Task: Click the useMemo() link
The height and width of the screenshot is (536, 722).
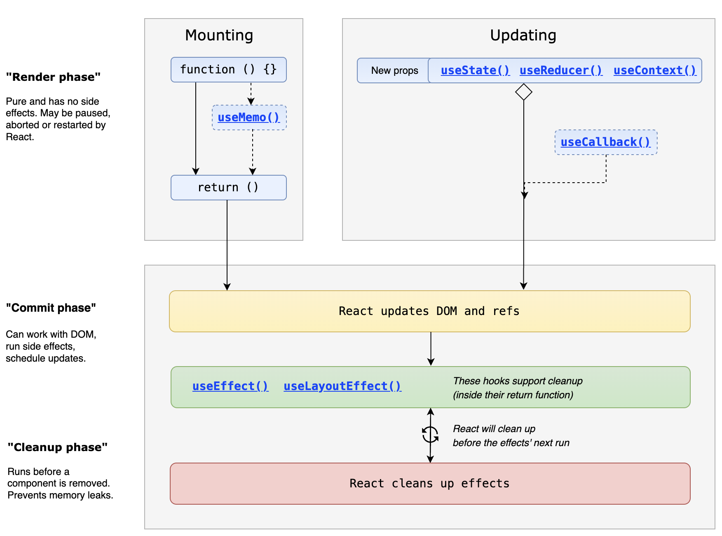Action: coord(249,118)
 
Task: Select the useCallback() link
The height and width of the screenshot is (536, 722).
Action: coord(605,142)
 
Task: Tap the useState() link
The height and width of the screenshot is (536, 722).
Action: coord(475,71)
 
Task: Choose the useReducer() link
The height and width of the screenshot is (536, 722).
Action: coord(561,71)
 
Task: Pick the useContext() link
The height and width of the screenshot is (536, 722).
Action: coord(655,71)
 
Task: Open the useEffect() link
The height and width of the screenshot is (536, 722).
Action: coord(230,386)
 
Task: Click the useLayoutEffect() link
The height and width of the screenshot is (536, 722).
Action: coord(342,386)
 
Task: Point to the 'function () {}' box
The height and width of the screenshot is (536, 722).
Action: coord(229,70)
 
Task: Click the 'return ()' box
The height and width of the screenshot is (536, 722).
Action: coord(229,188)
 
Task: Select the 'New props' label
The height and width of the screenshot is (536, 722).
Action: coord(395,71)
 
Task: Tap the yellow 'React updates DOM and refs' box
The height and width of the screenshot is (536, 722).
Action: coord(430,311)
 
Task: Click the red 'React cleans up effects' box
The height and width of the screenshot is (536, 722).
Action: coord(430,484)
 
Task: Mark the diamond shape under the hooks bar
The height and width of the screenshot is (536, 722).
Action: coord(524,92)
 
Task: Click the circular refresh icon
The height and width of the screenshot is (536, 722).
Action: coord(430,435)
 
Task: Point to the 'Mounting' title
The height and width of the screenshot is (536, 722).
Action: coord(219,35)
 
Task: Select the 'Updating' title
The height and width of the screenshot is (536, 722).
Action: coord(523,35)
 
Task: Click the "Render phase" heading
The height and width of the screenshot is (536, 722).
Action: coord(53,77)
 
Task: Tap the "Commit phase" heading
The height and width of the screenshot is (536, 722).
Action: coord(51,308)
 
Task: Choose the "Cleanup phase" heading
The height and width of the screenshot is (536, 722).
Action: coord(58,447)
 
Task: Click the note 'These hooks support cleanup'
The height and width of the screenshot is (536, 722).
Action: coord(518,381)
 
